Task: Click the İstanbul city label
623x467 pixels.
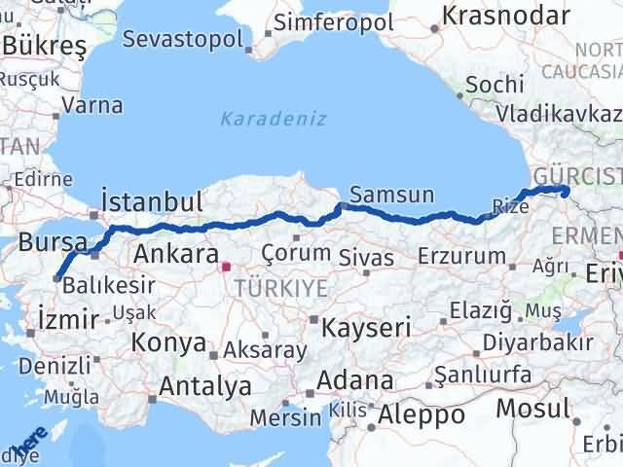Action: pos(152,201)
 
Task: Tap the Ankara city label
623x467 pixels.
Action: pos(175,255)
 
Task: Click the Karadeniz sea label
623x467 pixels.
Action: pos(273,120)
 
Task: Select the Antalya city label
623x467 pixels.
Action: pos(204,386)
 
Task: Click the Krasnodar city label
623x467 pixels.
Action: pos(505,16)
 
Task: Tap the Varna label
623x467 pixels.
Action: pos(95,105)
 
